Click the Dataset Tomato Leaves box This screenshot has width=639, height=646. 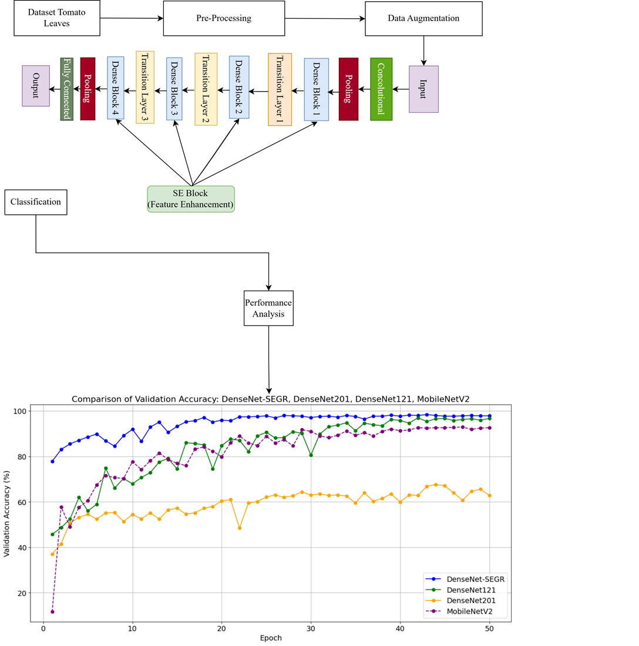(51, 18)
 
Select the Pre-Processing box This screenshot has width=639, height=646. (223, 18)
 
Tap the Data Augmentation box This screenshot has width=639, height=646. (423, 18)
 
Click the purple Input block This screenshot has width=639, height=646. (423, 89)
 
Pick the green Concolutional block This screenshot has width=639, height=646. (381, 89)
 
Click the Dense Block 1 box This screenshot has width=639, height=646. (316, 89)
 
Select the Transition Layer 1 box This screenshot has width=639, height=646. (280, 89)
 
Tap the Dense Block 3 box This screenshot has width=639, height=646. (174, 89)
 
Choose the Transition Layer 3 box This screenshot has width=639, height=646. (144, 88)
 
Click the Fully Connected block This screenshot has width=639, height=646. (66, 89)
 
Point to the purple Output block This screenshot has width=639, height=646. (36, 86)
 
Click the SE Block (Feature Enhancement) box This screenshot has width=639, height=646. (191, 198)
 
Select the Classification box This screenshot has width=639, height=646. (36, 202)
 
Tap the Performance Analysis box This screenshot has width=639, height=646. (268, 307)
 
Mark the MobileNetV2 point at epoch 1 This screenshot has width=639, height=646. (52, 612)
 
